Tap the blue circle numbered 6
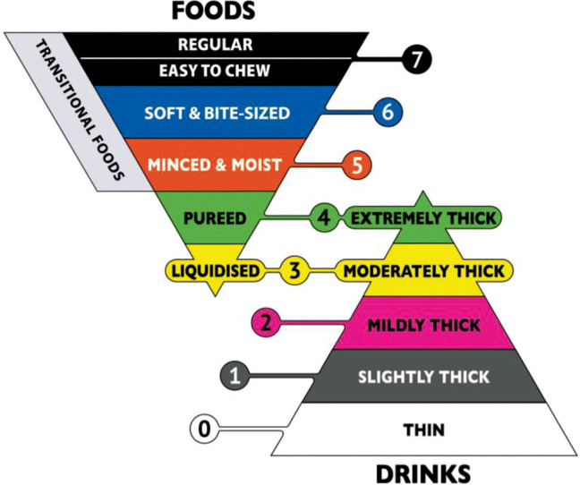point(386,114)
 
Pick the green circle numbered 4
point(322,217)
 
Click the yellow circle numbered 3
point(293,269)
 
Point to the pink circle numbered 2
point(266,322)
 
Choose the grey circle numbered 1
point(235,376)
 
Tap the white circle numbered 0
point(205,430)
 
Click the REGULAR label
point(216,44)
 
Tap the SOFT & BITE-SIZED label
point(216,114)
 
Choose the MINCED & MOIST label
point(216,166)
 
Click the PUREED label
point(216,217)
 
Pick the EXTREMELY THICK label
point(423,217)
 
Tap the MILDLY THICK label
point(423,324)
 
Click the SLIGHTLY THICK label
point(423,377)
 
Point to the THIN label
point(423,430)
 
